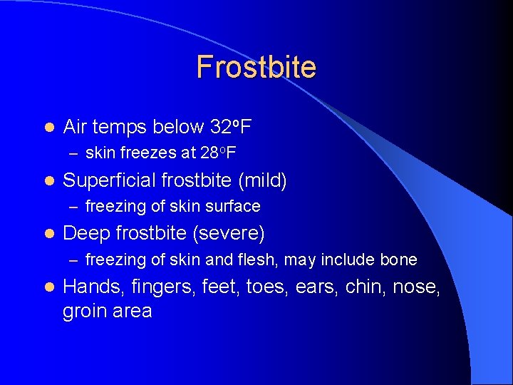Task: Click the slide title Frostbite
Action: [x=256, y=67]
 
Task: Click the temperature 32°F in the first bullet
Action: [x=231, y=128]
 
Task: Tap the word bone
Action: [x=400, y=260]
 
